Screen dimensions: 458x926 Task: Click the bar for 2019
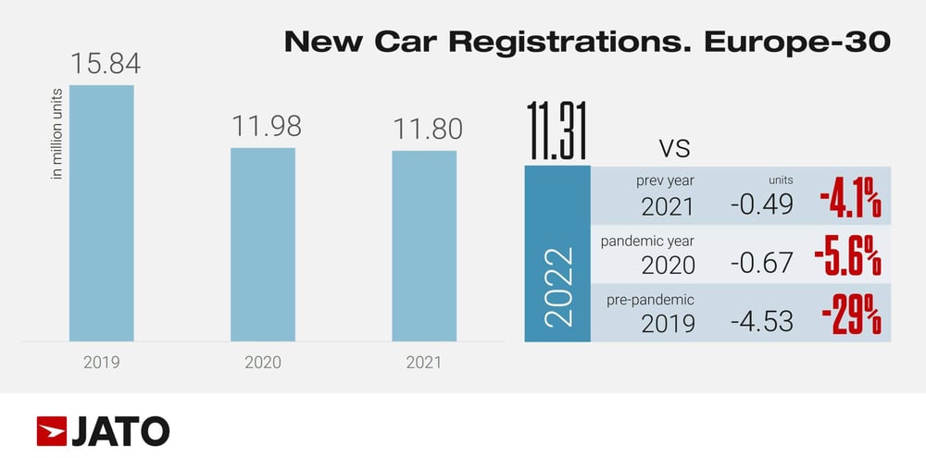(x=102, y=213)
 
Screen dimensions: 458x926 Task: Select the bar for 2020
(x=263, y=244)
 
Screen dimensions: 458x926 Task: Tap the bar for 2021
(x=424, y=246)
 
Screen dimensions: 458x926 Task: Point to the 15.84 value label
(x=103, y=65)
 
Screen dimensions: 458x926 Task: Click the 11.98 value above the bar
(x=263, y=127)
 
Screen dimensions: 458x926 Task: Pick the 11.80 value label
(x=424, y=130)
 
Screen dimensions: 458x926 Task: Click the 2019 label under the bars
(x=102, y=362)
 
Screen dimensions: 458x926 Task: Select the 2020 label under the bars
(x=263, y=362)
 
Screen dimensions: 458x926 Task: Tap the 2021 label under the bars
(x=424, y=362)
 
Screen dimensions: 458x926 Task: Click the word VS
(x=675, y=148)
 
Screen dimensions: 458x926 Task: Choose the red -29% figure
(x=850, y=318)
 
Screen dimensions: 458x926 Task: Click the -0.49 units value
(x=761, y=204)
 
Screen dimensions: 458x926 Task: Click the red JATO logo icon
(x=51, y=431)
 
